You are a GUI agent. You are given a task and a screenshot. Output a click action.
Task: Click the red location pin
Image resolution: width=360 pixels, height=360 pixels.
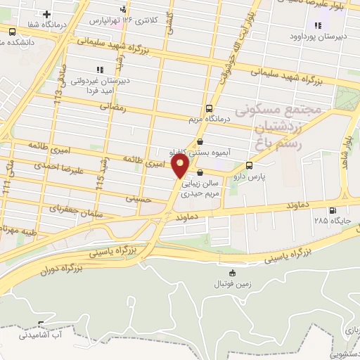181,167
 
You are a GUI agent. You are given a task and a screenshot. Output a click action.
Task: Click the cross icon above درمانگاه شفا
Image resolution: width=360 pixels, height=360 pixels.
46,14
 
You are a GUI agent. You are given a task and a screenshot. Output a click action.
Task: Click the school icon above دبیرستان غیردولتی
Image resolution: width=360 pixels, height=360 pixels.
99,70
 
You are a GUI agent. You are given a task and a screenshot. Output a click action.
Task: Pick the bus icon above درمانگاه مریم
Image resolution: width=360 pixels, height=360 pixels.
209,108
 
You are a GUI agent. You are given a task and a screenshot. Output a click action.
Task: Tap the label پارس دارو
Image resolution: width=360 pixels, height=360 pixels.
268,177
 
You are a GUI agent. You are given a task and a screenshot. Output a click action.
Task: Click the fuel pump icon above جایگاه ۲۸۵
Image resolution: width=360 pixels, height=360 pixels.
331,210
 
